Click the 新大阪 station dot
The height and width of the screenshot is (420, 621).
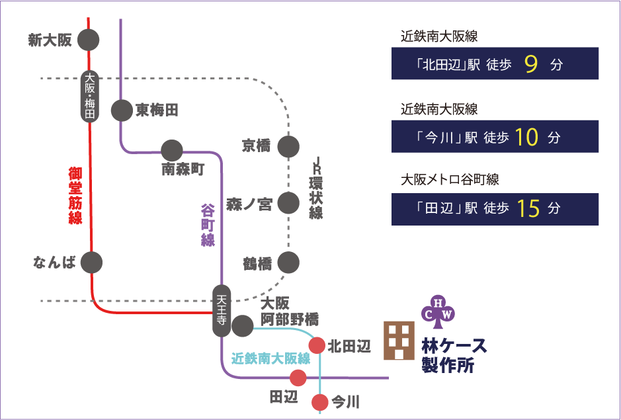[x=89, y=40]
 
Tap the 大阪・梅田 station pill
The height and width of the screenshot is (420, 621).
[x=89, y=96]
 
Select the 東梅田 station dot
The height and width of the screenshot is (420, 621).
[x=122, y=110]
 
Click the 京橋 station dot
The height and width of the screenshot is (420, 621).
[x=288, y=146]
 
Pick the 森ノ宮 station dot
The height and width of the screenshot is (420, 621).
[x=288, y=203]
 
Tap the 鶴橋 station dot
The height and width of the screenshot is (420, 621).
[x=288, y=263]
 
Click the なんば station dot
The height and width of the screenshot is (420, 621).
[x=92, y=262]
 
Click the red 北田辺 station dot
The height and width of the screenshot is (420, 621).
[x=317, y=345]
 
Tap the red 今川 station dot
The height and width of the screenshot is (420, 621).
[x=320, y=401]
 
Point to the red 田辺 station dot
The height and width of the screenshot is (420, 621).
[x=298, y=378]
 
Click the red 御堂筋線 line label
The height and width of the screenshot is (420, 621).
[x=75, y=196]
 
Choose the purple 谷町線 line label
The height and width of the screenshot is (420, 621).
[x=208, y=225]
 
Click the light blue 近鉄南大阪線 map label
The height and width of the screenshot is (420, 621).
[x=270, y=359]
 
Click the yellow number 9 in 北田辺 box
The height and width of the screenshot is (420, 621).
[x=531, y=64]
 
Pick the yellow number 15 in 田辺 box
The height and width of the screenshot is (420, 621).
[x=530, y=208]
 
